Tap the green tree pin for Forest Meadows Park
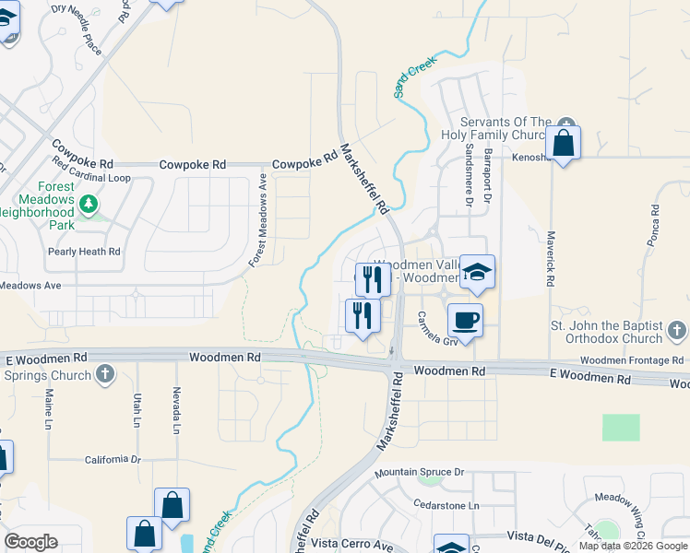pyautogui.click(x=88, y=203)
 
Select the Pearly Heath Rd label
pyautogui.click(x=84, y=251)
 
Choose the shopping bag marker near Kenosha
pyautogui.click(x=562, y=144)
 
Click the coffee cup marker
pyautogui.click(x=465, y=321)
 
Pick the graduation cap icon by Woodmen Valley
pyautogui.click(x=477, y=272)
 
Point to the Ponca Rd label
pyautogui.click(x=654, y=221)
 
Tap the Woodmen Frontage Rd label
pyautogui.click(x=632, y=360)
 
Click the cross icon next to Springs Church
pyautogui.click(x=105, y=375)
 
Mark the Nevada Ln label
pyautogui.click(x=174, y=411)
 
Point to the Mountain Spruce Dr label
pyautogui.click(x=419, y=473)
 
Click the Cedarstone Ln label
pyautogui.click(x=447, y=506)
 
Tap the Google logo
pyautogui.click(x=30, y=542)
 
